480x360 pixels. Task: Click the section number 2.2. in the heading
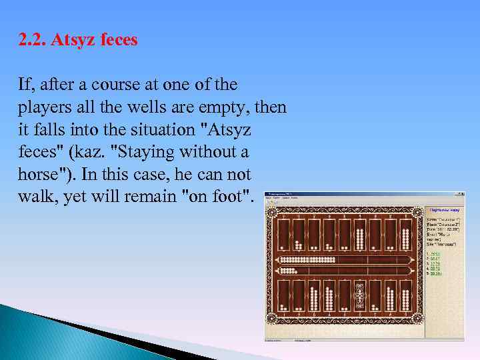31,40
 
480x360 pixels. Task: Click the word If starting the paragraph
23,85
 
